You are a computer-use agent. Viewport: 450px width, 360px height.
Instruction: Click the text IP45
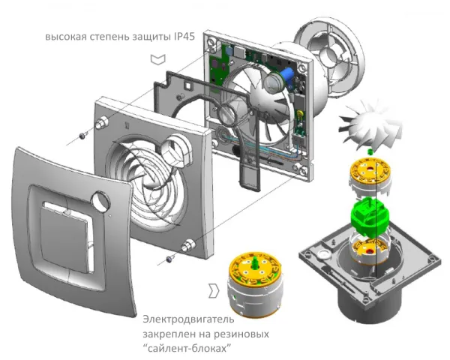(184, 37)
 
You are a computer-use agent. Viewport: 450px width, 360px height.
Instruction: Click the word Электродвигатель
(188, 319)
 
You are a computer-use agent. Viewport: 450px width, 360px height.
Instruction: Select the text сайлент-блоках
(187, 349)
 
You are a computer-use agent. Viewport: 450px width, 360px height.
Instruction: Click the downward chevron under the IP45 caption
(157, 59)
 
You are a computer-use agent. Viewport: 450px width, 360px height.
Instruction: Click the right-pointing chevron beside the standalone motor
(214, 291)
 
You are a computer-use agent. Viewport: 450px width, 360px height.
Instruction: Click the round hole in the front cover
(100, 200)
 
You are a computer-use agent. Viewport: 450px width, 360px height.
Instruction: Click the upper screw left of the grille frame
(82, 135)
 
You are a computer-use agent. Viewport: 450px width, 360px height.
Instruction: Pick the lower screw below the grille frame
(169, 259)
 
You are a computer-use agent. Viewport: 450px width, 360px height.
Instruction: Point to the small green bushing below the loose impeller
(370, 151)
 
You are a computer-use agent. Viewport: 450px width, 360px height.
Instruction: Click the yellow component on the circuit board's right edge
(301, 114)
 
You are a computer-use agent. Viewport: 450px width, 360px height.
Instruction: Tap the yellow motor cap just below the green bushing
(370, 169)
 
